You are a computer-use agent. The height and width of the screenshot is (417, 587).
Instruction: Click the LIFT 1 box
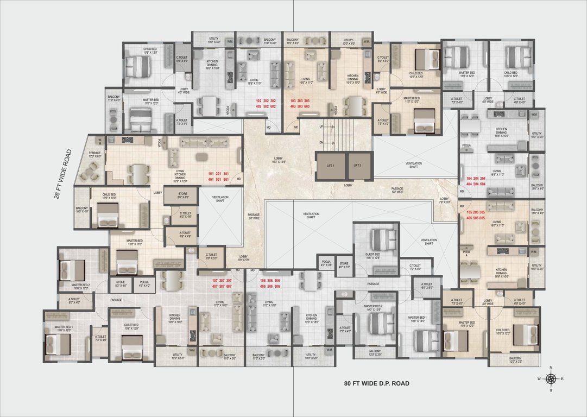(x=330, y=166)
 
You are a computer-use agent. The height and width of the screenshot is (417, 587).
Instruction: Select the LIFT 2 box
(x=357, y=166)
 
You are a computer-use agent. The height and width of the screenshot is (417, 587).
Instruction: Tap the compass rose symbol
(x=551, y=378)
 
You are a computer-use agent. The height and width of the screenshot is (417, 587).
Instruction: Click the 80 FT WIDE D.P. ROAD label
(x=376, y=383)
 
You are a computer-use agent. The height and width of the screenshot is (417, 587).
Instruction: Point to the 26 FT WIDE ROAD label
(x=62, y=174)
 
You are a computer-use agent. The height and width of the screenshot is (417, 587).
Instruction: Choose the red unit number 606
(x=277, y=286)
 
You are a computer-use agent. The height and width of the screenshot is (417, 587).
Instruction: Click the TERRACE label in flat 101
(x=95, y=154)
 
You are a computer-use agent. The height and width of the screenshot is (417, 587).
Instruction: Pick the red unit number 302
(x=273, y=101)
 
